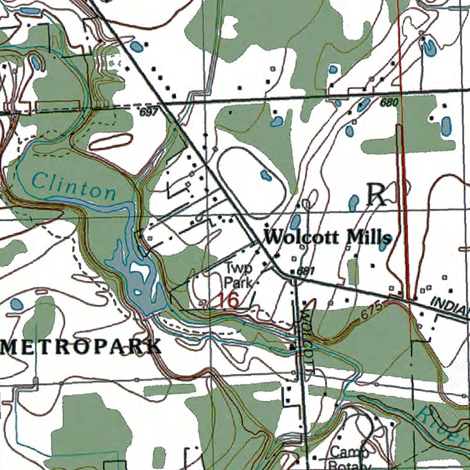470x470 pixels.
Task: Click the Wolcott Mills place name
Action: pos(329,237)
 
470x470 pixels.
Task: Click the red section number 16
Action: pos(228,300)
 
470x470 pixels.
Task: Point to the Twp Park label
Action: pos(238,275)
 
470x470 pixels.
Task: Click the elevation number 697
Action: pos(149,112)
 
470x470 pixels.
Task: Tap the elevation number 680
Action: pos(389,103)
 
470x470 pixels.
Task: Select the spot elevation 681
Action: pos(305,271)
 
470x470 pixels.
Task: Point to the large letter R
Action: pos(376,195)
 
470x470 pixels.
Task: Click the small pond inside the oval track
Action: pos(264,174)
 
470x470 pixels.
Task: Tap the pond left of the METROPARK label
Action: pos(17,303)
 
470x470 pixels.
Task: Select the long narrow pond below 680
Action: pos(446,126)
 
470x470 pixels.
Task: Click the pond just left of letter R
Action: pos(354,202)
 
